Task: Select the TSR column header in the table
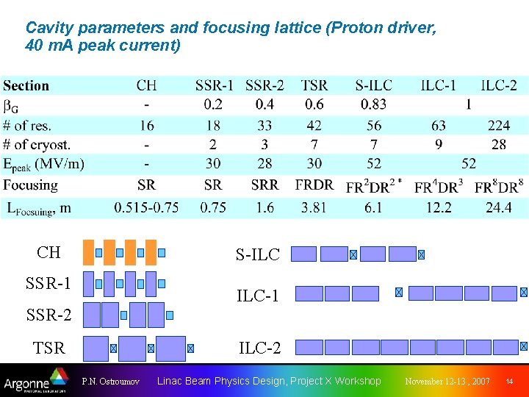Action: point(314,86)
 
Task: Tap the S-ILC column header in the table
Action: point(373,86)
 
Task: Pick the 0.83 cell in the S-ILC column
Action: point(373,105)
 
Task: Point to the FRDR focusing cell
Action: point(314,185)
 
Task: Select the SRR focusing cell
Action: point(264,185)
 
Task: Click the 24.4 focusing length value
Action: point(498,208)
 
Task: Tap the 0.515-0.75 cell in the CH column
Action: point(146,208)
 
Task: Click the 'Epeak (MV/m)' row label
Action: point(44,163)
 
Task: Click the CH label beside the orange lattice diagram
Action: point(48,253)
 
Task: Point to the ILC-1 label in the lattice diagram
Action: point(257,296)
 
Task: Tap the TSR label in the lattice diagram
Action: point(48,348)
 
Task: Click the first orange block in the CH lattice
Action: point(89,251)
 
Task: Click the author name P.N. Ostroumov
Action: point(111,382)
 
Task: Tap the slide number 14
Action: point(509,382)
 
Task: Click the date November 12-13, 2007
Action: point(447,382)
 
